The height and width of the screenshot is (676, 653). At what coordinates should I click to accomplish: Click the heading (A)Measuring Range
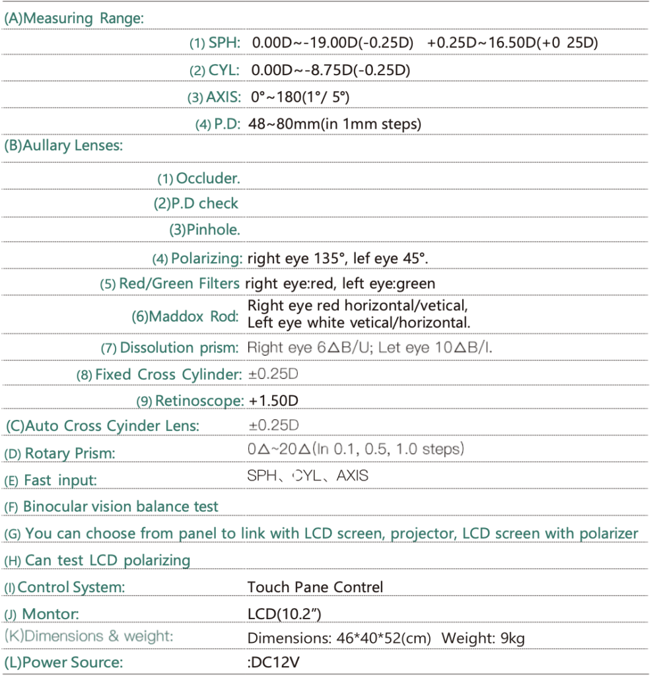tap(73, 18)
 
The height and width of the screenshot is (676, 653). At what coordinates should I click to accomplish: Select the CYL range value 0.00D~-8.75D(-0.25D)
tap(331, 70)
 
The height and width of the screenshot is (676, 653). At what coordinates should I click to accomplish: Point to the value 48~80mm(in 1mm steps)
tap(334, 123)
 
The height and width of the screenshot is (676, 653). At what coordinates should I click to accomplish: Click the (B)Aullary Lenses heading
tap(63, 146)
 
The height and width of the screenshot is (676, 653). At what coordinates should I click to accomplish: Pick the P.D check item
tap(196, 204)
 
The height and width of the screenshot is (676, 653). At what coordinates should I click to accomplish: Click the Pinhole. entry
tap(204, 230)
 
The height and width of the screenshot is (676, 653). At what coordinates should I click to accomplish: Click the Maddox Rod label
tap(186, 316)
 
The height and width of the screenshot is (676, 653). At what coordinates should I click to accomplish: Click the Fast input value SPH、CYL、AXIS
tap(308, 475)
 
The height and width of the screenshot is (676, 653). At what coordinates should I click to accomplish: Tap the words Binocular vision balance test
tap(120, 507)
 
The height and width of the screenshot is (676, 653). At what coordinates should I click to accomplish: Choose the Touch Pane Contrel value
tap(315, 587)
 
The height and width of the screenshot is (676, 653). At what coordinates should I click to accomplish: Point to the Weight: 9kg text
tap(483, 638)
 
